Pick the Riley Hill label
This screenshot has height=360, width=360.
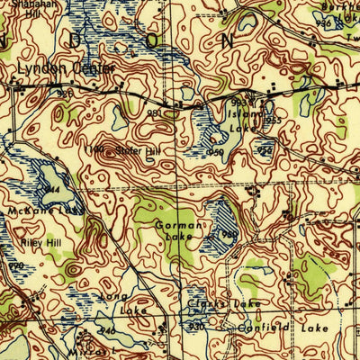pos(33,243)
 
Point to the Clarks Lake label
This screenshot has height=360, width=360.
pos(211,305)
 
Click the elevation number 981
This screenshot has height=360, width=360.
pos(154,113)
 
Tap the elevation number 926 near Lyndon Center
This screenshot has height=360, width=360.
pos(64,92)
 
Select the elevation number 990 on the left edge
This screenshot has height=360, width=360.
pos(15,266)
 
